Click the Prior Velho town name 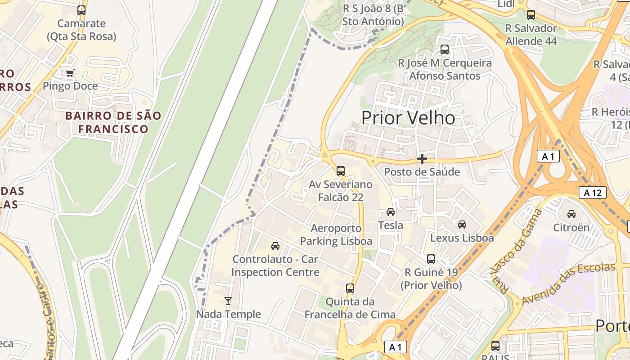point(408,118)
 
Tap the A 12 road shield point(592,193)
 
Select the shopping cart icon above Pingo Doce point(70,73)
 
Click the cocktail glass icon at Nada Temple point(228,301)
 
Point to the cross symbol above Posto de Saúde point(422,159)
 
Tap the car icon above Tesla point(391,212)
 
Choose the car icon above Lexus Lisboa point(462,225)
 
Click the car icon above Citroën point(571,214)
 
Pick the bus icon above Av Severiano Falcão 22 point(341,171)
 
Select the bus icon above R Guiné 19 point(431,259)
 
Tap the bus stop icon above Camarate point(81,10)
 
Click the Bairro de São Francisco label point(113,122)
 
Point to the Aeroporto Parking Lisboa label point(336,234)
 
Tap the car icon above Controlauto point(275,246)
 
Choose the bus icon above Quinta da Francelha point(350,288)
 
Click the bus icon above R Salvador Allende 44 point(531,15)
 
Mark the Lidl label point(506,4)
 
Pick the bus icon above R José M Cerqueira point(445,49)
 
